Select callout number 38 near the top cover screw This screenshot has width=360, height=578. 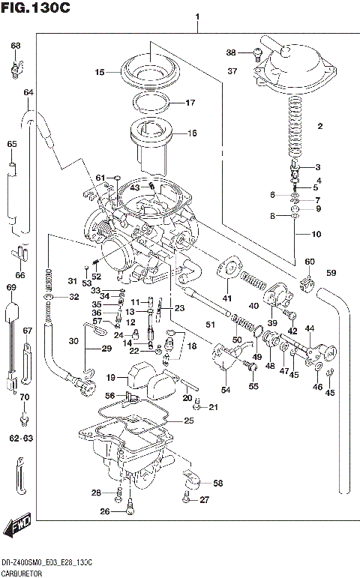click(x=231, y=52)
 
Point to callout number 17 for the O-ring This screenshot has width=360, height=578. click(x=190, y=103)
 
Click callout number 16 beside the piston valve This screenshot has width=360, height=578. click(x=191, y=133)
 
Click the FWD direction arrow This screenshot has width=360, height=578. click(x=16, y=528)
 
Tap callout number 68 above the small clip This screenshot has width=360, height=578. click(x=15, y=46)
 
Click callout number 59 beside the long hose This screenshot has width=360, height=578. click(x=331, y=272)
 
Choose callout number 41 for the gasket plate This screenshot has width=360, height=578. click(x=226, y=299)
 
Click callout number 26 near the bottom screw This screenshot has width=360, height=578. click(x=105, y=512)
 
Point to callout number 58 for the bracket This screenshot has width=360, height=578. click(x=217, y=484)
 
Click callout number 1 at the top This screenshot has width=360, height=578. click(x=197, y=16)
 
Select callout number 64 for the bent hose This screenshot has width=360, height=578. click(x=28, y=92)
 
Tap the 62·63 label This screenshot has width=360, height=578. click(x=24, y=437)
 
